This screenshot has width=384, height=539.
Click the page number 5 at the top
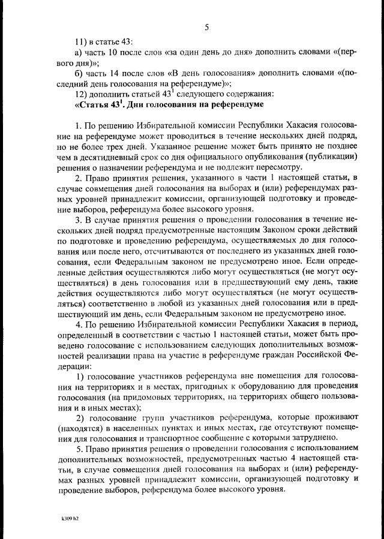click(x=206, y=26)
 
